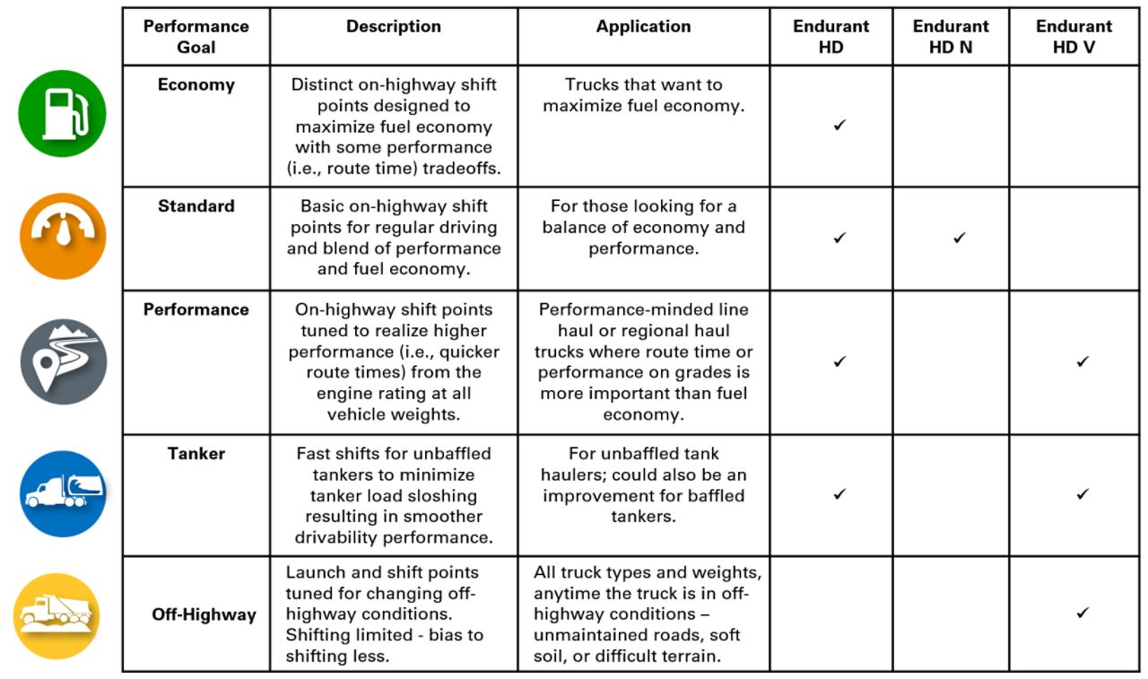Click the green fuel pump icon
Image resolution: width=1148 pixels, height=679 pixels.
62,114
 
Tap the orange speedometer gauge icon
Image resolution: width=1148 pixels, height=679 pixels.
63,236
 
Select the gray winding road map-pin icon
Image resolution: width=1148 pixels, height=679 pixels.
63,361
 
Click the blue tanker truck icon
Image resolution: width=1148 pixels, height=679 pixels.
63,493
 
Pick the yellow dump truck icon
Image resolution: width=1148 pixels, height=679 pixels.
57,616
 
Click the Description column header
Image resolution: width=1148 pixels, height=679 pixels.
394,27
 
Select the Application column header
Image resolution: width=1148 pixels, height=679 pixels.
643,27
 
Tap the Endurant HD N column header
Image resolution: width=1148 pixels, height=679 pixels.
951,37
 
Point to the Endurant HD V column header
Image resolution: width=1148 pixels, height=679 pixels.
1074,37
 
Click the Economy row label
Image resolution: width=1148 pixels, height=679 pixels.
196,85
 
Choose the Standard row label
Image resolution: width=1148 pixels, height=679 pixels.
196,206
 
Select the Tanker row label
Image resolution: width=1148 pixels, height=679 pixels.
196,453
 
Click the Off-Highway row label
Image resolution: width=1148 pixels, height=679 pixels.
204,615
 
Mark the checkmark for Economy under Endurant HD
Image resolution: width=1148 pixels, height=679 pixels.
839,126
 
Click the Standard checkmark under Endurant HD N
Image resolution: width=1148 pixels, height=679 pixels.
960,238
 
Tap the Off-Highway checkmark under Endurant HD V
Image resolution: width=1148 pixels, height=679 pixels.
1083,614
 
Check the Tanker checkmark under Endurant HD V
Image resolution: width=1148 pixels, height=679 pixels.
1083,494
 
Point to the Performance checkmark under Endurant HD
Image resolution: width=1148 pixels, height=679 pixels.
839,361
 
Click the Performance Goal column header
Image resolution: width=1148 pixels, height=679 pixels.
196,37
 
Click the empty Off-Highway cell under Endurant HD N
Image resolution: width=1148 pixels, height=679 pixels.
951,614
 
